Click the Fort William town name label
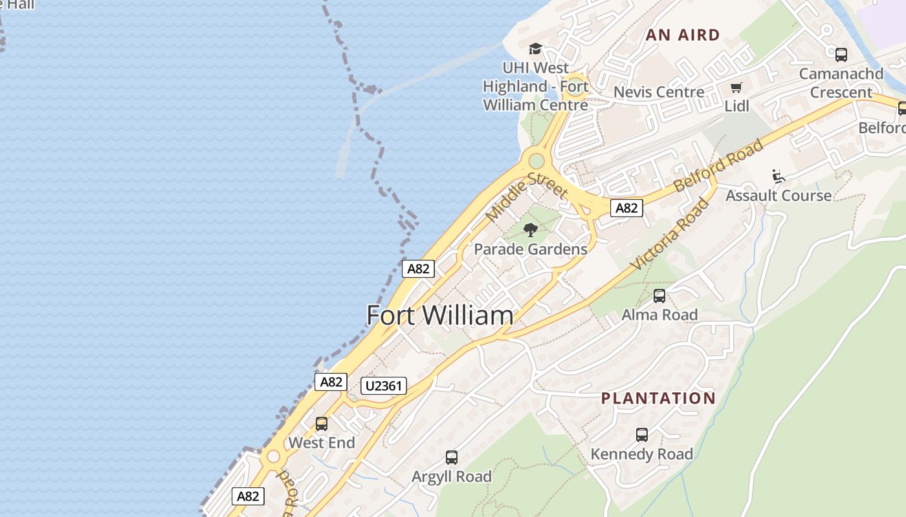coord(440,315)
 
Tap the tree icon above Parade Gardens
coord(530,229)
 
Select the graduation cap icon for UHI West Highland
coord(535,49)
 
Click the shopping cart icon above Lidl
coord(736,87)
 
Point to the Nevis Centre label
coord(658,92)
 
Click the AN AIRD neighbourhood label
coord(683,35)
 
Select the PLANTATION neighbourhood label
coord(658,398)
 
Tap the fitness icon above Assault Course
coord(779,176)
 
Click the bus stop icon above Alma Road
coord(659,296)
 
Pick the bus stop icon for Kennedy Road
coord(641,435)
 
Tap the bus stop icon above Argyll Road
coord(452,458)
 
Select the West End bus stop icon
coord(321,424)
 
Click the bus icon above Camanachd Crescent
coord(841,55)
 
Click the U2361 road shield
coord(384,386)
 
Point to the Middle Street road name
coord(526,196)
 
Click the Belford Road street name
coord(718,165)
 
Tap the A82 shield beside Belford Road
coord(626,208)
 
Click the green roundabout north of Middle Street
coord(536,160)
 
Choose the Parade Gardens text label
coord(530,249)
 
